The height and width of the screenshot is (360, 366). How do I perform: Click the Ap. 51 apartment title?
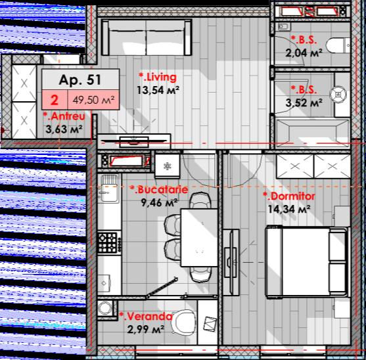point(80,80)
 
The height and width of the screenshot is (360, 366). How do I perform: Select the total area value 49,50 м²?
point(93,100)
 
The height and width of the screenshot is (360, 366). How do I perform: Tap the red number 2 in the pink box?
point(55,100)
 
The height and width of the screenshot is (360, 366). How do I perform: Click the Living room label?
point(158,78)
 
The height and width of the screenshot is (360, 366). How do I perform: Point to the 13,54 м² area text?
point(158,90)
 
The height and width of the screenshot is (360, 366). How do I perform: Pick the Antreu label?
point(64,116)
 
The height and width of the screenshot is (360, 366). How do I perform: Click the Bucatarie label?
point(159,189)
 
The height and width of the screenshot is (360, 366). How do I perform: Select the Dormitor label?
point(289,196)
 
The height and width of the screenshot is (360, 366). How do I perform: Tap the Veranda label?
point(146,317)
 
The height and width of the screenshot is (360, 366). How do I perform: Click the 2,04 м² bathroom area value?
point(304,53)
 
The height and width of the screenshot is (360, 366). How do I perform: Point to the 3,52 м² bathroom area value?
point(304,102)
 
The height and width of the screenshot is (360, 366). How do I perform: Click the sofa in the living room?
point(147,37)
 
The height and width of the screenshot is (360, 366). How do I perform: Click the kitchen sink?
point(109,189)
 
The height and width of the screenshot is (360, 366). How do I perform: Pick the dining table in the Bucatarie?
point(199,238)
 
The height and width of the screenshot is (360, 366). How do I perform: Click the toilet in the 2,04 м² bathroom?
point(338,45)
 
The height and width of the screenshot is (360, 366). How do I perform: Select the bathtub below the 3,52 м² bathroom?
point(313,133)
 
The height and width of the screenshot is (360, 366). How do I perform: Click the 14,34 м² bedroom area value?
point(289,209)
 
